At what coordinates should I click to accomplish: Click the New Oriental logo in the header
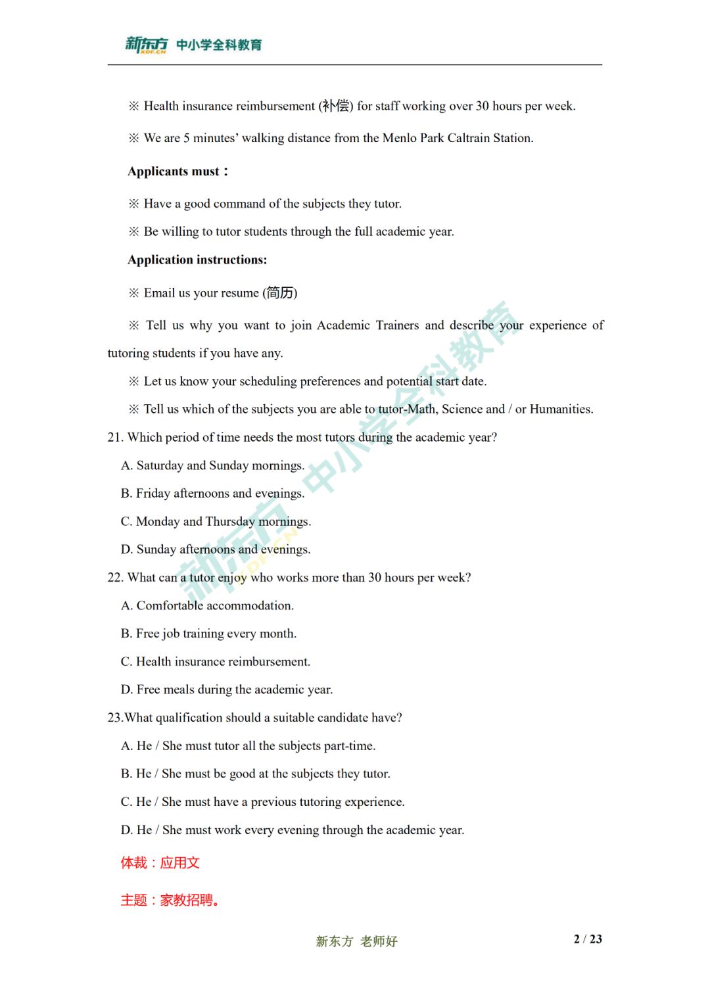tap(146, 45)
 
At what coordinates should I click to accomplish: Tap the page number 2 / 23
tap(587, 939)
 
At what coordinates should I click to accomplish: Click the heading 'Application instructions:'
tap(197, 260)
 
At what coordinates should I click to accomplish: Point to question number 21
tap(115, 438)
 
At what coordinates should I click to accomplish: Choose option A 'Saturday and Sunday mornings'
tap(212, 465)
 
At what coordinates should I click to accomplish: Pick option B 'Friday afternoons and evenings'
tap(212, 494)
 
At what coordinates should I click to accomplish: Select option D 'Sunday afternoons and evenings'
tap(216, 549)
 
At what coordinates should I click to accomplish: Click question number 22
tap(115, 578)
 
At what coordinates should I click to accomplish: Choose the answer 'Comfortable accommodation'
tap(207, 605)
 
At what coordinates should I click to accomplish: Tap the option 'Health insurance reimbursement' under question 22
tap(216, 662)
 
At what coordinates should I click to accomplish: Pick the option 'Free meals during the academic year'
tap(227, 689)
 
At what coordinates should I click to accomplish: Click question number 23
tap(115, 718)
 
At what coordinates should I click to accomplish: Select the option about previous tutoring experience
tap(262, 802)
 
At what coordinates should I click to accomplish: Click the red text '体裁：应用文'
tap(160, 863)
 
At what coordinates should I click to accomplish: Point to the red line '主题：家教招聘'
tap(169, 900)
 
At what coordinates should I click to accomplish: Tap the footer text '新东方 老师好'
tap(356, 941)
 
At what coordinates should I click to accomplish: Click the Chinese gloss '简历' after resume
tap(281, 293)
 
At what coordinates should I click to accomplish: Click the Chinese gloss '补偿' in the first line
tap(336, 106)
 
